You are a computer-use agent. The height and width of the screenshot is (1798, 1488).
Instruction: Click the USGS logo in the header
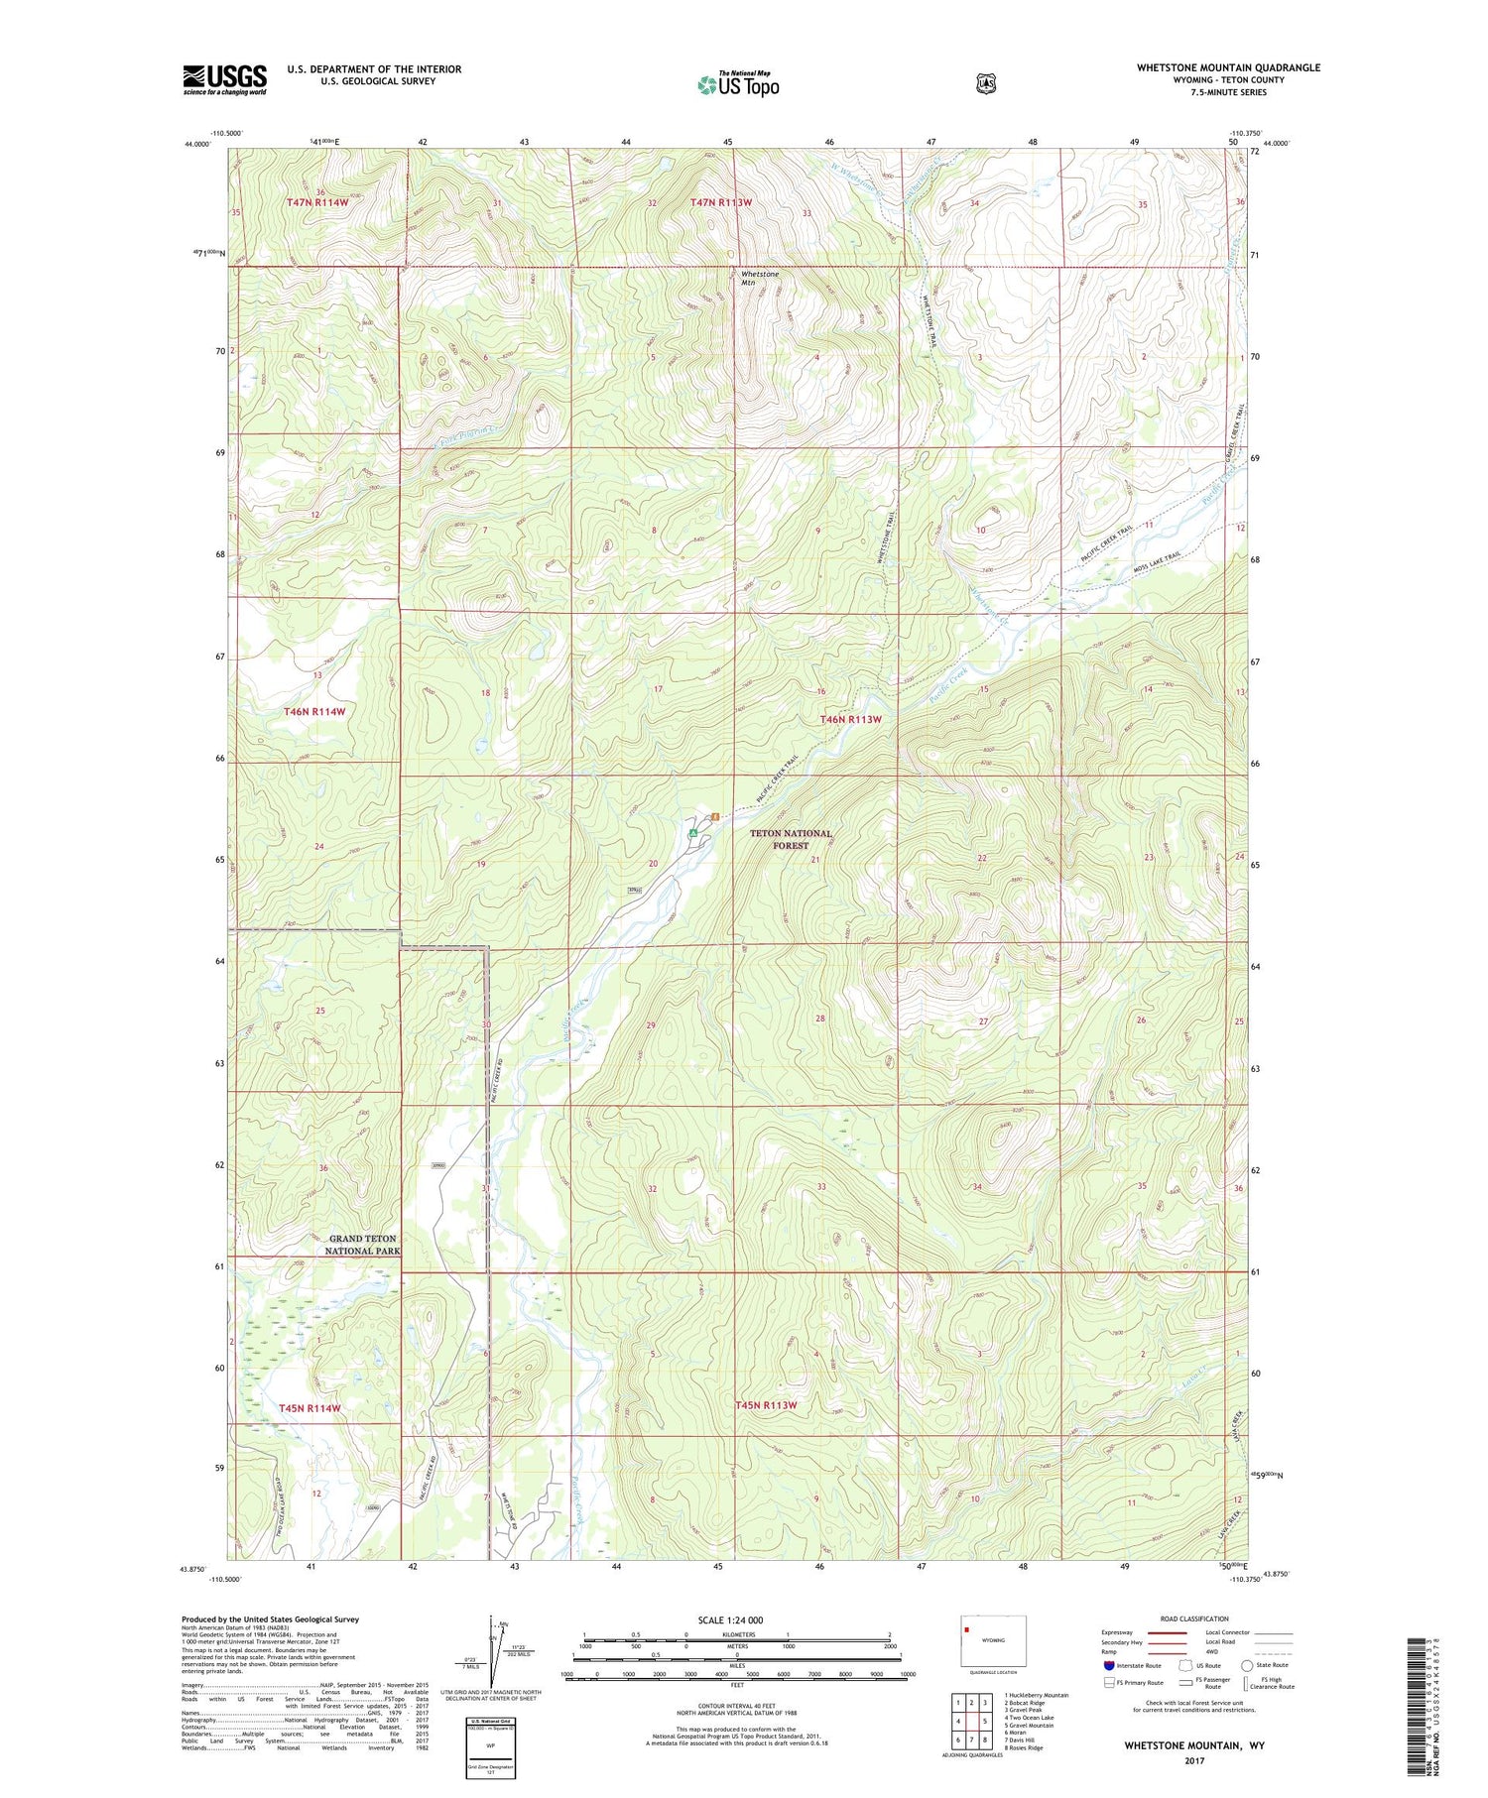click(x=224, y=79)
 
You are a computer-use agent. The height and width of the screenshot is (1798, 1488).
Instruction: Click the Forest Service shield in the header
click(x=985, y=84)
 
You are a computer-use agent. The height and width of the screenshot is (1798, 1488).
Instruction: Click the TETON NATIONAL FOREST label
click(x=791, y=840)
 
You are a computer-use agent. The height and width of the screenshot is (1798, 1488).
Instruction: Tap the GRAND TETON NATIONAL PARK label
click(x=363, y=1245)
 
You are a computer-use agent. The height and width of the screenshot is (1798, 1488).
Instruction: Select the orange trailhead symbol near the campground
click(x=713, y=816)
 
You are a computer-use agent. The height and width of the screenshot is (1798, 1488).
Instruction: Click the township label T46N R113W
click(x=850, y=719)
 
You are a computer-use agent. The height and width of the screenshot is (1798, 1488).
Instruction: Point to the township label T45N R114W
click(x=310, y=1407)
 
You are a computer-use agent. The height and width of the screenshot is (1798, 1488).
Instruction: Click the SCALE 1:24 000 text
click(x=730, y=1620)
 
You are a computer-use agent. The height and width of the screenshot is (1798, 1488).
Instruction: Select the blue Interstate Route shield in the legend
click(x=1108, y=1665)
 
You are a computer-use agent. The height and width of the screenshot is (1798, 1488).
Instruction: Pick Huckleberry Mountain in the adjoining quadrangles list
click(x=1036, y=1695)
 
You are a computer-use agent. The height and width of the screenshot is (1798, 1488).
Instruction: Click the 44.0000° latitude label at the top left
click(x=197, y=144)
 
